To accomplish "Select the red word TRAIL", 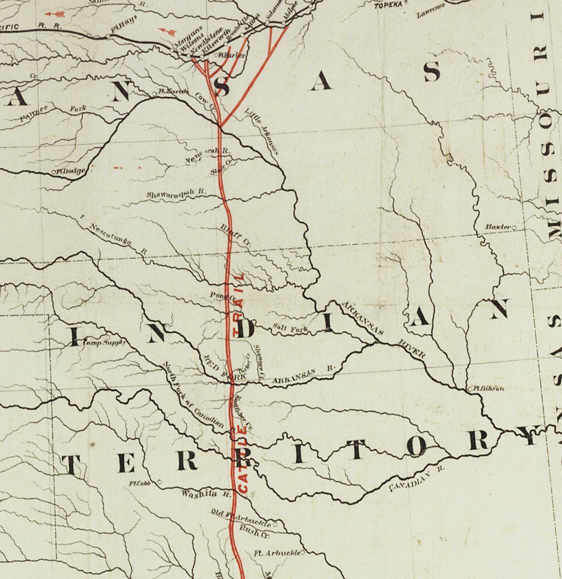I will point(238,305).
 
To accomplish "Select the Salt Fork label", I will point(290,328).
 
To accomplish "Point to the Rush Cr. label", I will point(254,532).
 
